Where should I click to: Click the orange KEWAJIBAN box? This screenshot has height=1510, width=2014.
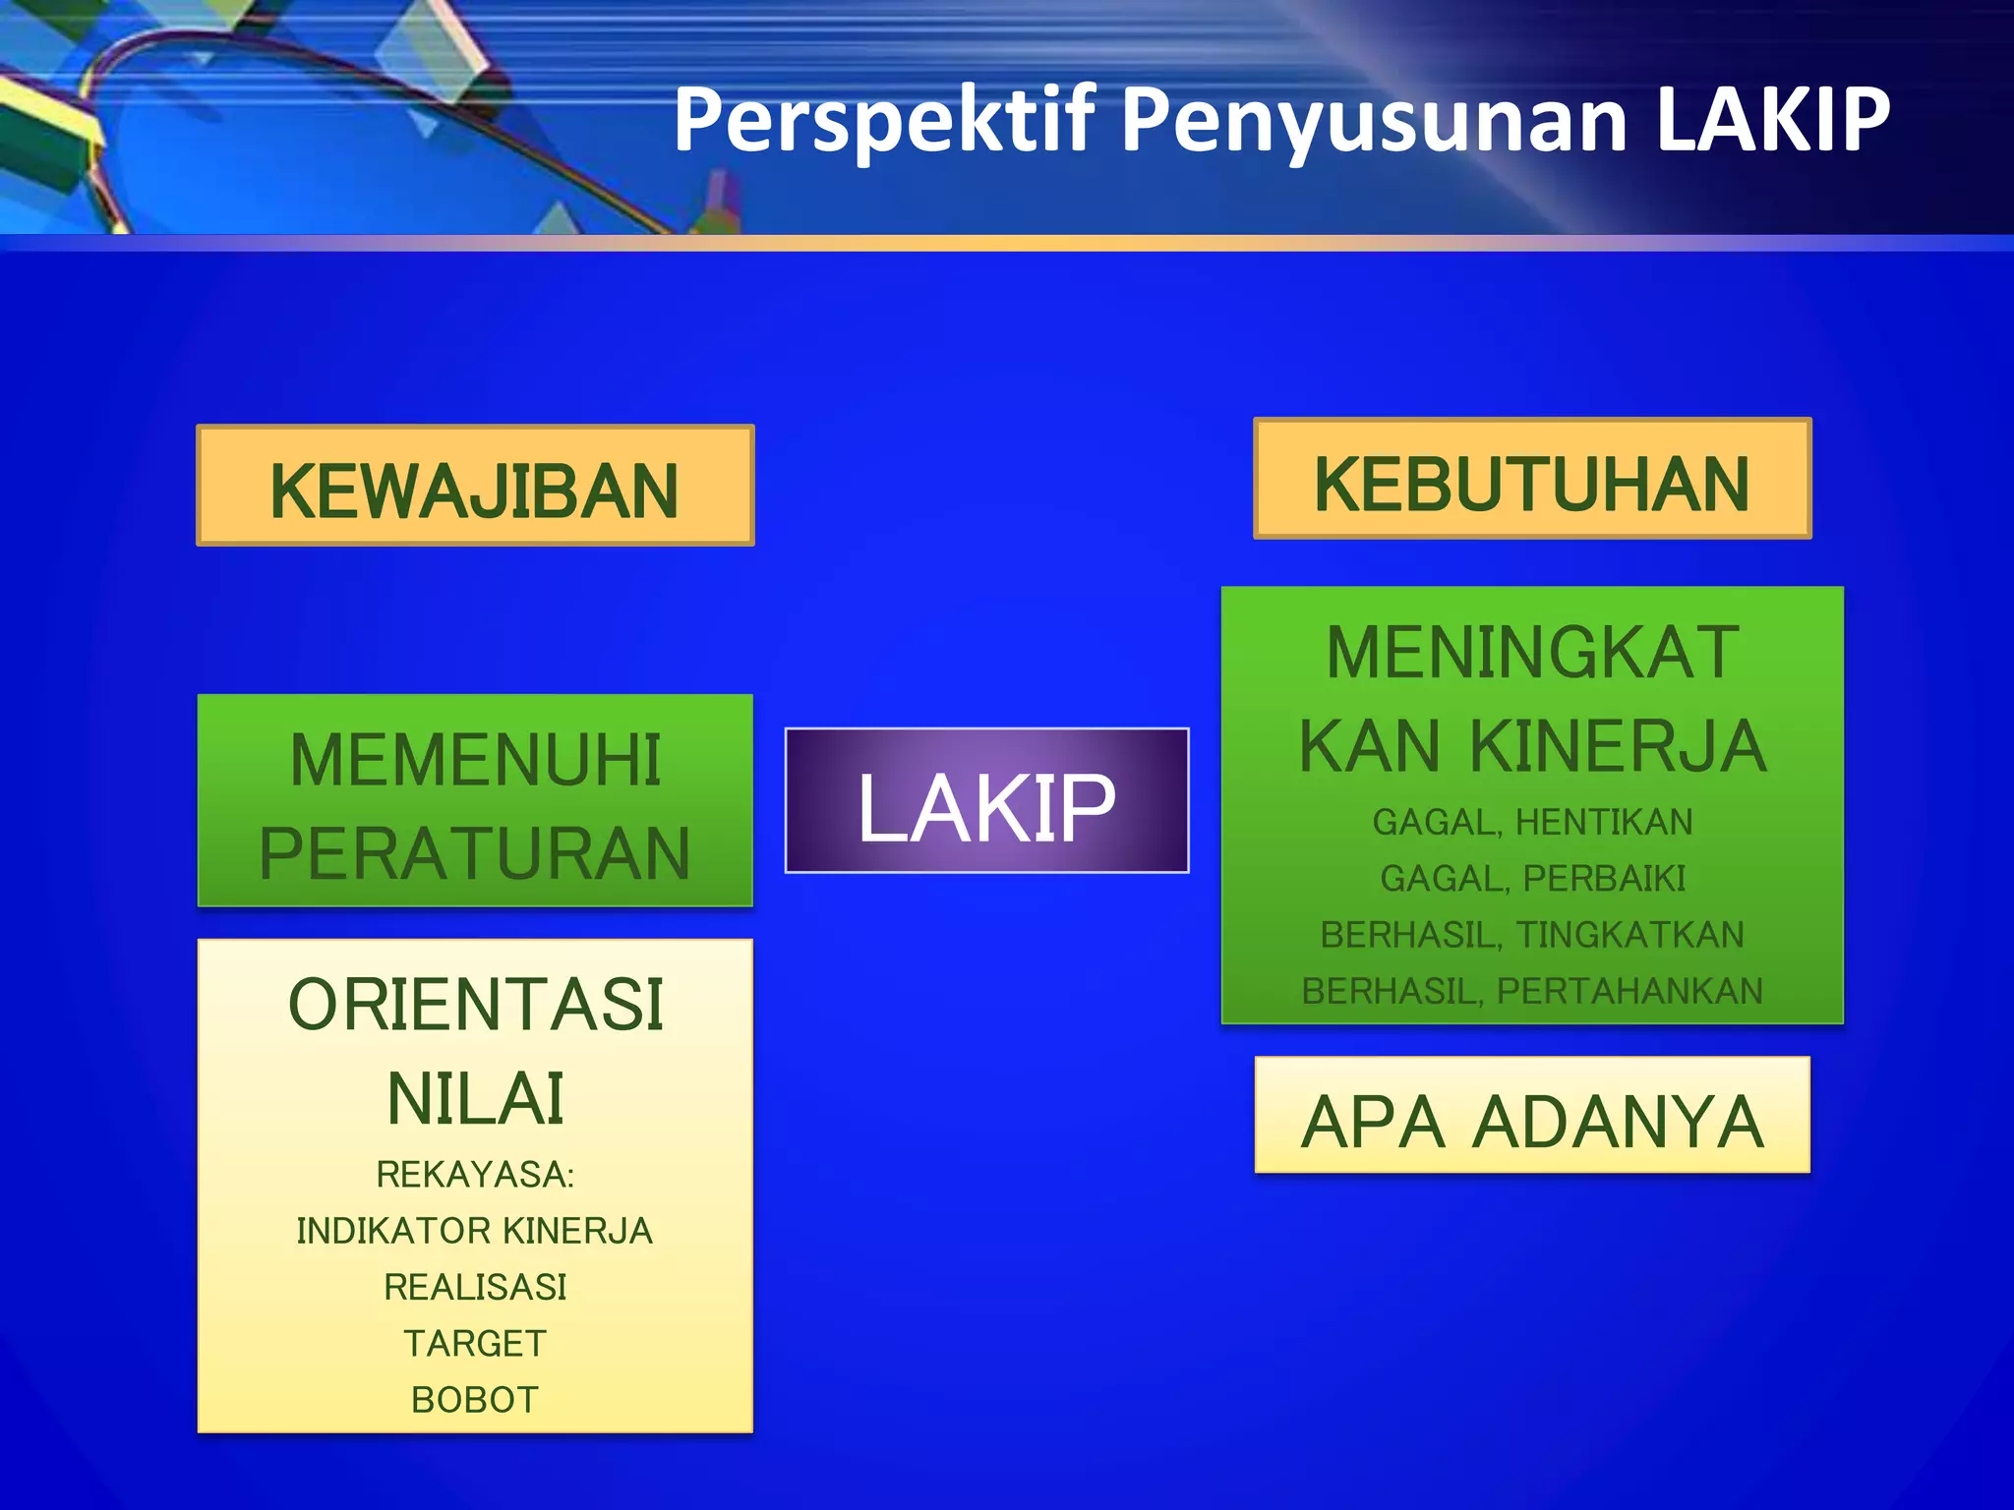tap(475, 486)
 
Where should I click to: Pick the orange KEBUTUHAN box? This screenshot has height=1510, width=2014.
tap(1532, 479)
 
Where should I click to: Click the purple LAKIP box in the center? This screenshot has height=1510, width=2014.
tap(986, 801)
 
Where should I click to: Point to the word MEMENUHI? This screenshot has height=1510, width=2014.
tap(475, 760)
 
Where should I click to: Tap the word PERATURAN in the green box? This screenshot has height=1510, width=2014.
tap(475, 853)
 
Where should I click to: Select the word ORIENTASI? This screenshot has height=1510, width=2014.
tap(475, 1005)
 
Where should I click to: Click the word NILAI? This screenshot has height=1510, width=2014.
tap(475, 1098)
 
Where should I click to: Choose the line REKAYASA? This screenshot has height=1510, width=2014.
tap(475, 1175)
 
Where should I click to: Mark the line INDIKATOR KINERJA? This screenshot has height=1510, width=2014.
tap(475, 1231)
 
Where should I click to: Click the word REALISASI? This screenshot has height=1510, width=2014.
tap(475, 1287)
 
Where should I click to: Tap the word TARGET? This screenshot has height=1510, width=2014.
tap(475, 1343)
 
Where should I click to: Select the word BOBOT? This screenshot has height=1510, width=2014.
tap(475, 1400)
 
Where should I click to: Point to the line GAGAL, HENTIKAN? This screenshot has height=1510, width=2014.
tap(1532, 822)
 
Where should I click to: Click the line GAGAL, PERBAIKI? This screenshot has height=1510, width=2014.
tap(1532, 878)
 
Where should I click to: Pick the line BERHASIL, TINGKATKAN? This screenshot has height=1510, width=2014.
tap(1532, 935)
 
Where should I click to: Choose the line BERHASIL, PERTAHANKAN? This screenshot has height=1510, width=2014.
tap(1532, 991)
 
